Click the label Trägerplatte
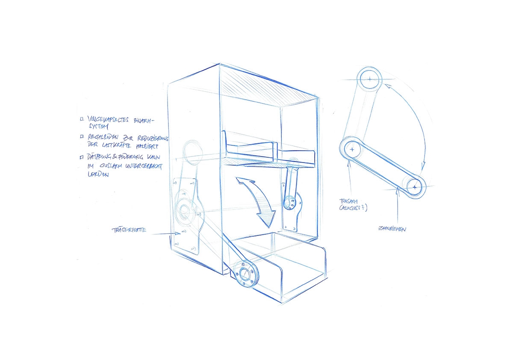pos(128,230)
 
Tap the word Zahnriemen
pos(392,229)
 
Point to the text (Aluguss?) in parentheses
pos(354,208)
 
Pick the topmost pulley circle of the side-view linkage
pos(369,79)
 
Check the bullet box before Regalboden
pos(81,137)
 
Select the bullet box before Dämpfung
pos(82,158)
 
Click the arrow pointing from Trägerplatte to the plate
pos(165,233)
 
